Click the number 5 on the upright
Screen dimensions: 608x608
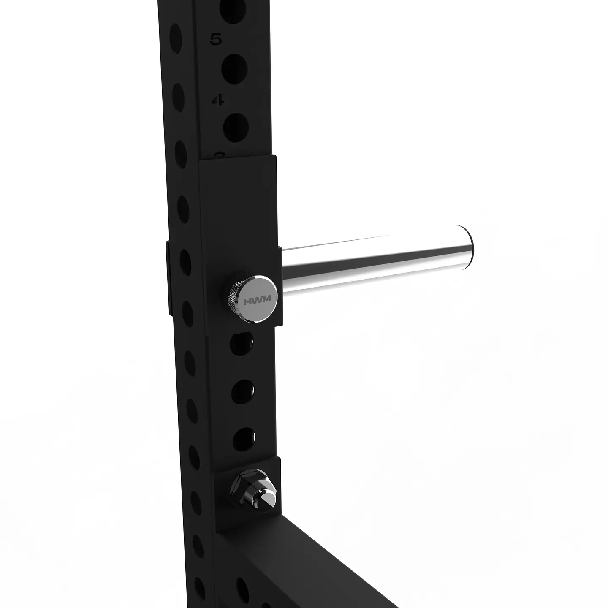216,40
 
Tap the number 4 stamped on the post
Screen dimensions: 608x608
218,100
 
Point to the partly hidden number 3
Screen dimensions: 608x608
219,155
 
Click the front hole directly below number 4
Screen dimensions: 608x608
236,126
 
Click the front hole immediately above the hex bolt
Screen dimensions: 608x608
244,437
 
